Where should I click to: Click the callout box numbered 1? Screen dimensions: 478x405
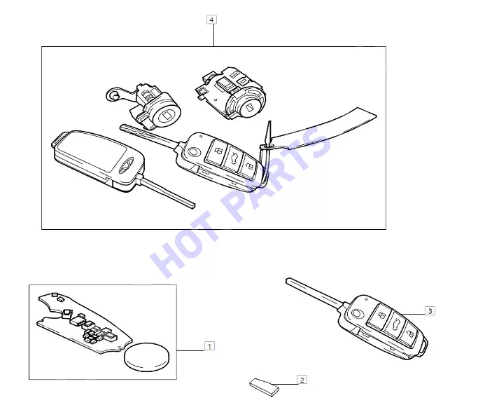click(x=209, y=346)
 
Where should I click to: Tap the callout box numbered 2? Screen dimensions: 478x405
click(x=302, y=380)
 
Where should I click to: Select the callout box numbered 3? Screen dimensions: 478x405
click(x=430, y=310)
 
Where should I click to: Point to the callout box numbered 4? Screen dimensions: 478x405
click(x=211, y=20)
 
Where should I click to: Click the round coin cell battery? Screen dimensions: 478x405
click(x=146, y=357)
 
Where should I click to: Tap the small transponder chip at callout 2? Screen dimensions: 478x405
click(x=265, y=387)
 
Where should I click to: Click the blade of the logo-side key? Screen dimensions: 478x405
click(x=168, y=193)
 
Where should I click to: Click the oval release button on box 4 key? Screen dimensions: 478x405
click(x=194, y=151)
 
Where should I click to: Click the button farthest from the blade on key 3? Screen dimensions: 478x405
click(x=409, y=334)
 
